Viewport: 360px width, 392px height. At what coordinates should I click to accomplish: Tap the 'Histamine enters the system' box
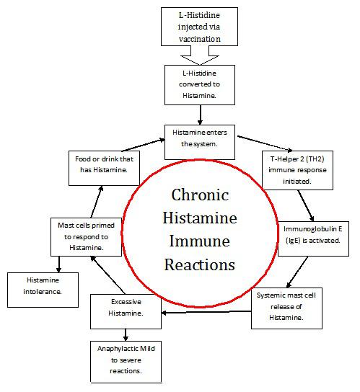(x=200, y=138)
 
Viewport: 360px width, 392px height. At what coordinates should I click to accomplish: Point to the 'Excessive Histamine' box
(x=126, y=308)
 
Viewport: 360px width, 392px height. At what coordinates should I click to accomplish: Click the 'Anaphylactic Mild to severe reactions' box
(x=126, y=361)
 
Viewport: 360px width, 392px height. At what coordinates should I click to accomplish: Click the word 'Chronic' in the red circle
(x=200, y=195)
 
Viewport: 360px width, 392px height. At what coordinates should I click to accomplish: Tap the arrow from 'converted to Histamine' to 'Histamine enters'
(x=199, y=113)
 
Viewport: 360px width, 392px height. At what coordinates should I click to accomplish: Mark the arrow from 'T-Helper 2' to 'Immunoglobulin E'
(x=306, y=205)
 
